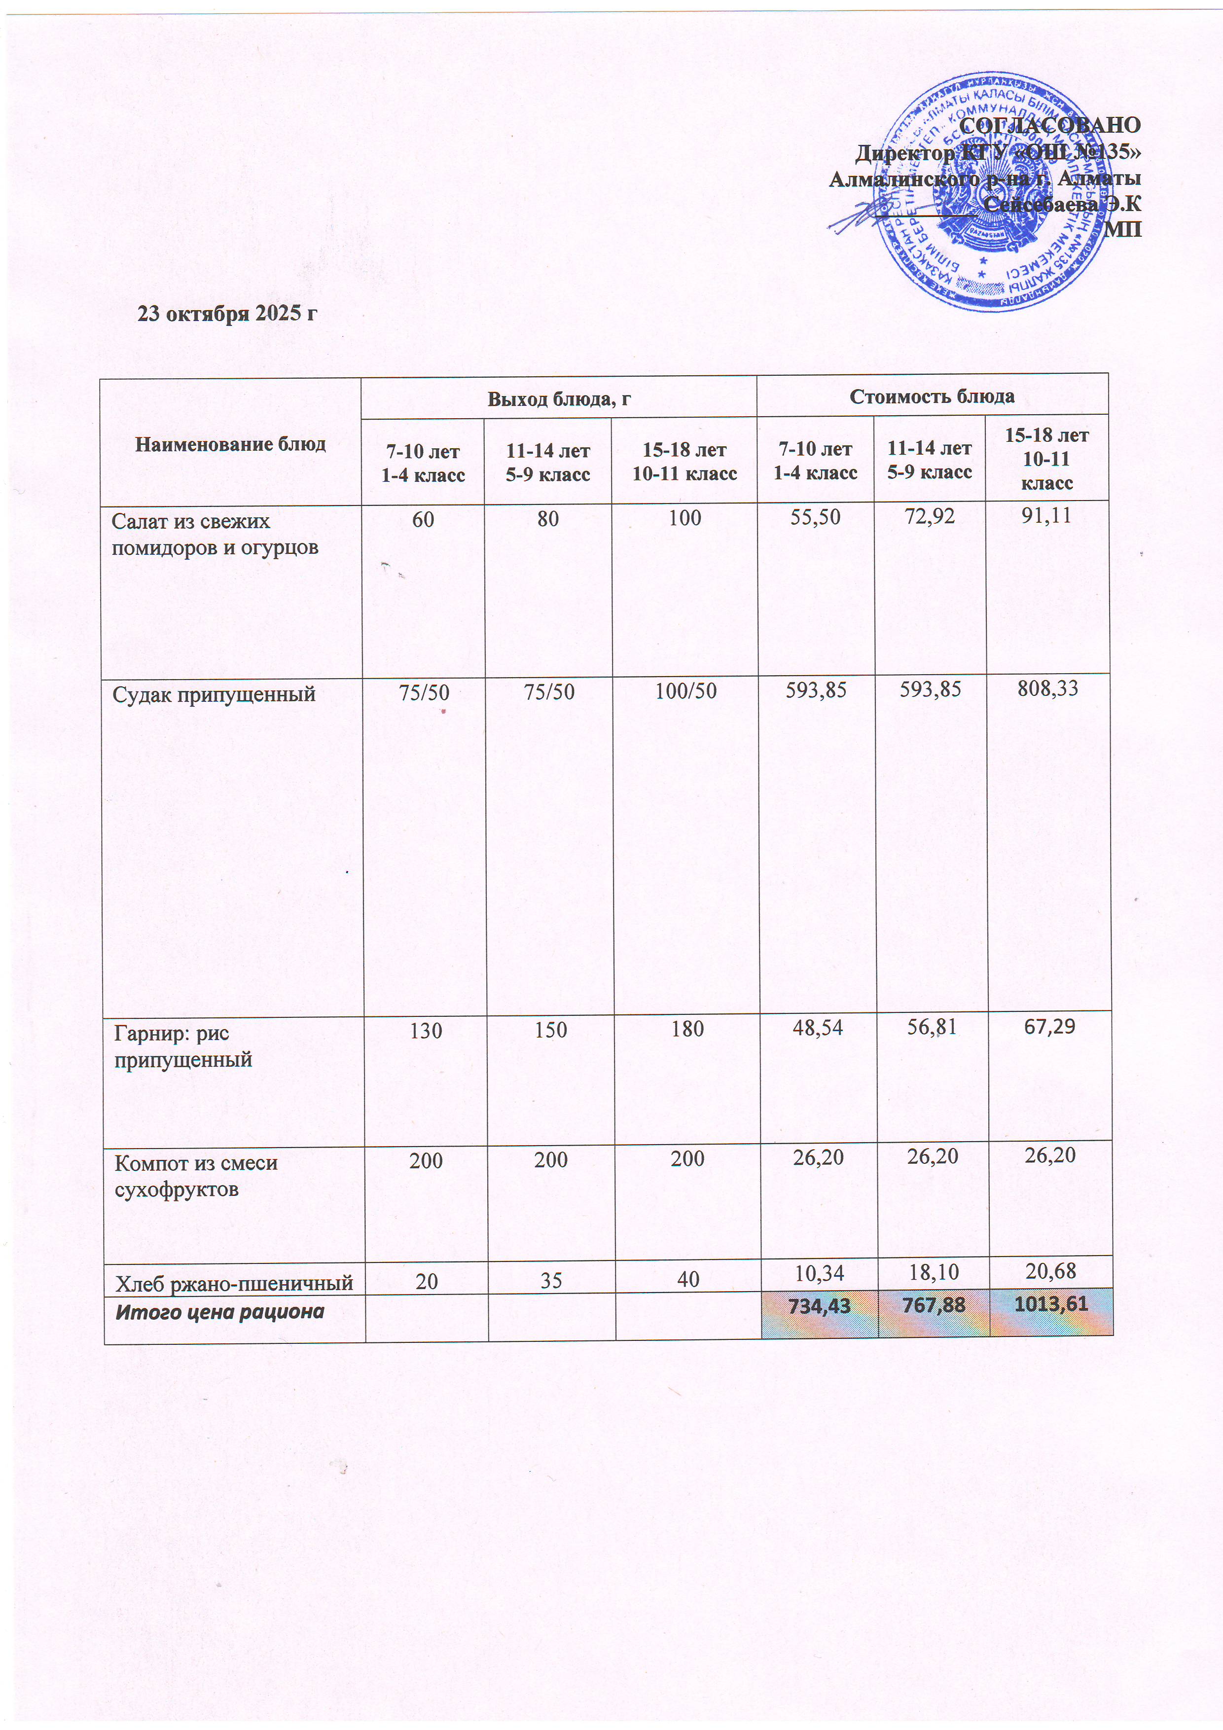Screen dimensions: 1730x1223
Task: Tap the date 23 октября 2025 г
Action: pyautogui.click(x=226, y=314)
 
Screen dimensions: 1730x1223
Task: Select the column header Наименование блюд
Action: pyautogui.click(x=231, y=444)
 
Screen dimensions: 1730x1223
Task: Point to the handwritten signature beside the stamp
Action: pyautogui.click(x=859, y=218)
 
